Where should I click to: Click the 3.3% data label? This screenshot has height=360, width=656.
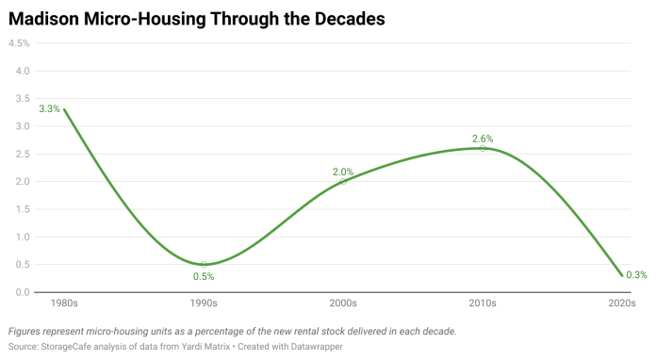[49, 109]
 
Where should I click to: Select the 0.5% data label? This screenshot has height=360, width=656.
[204, 276]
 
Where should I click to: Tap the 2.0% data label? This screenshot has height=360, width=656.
[343, 172]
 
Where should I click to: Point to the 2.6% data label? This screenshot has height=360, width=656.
[483, 139]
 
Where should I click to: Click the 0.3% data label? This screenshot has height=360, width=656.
[636, 274]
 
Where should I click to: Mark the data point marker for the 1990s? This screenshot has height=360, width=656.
[204, 264]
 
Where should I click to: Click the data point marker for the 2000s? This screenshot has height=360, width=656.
[343, 182]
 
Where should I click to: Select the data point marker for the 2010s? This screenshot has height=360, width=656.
[483, 149]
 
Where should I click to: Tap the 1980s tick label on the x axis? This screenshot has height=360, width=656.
[64, 303]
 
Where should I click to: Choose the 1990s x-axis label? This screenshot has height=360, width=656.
[204, 303]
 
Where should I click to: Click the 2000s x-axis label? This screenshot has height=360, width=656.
[343, 303]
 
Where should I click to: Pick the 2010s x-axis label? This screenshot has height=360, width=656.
[483, 303]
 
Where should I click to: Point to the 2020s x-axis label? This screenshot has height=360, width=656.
[622, 303]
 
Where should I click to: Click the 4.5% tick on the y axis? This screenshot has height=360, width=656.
[19, 43]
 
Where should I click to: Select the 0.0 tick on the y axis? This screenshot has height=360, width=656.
[23, 292]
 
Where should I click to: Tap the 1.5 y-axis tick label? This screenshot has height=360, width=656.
[23, 209]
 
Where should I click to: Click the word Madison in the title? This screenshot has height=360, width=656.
[43, 19]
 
